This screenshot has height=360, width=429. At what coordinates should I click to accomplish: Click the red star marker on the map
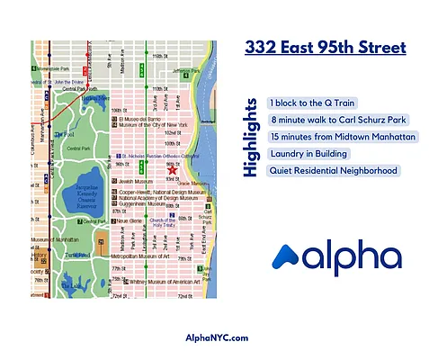(x=173, y=171)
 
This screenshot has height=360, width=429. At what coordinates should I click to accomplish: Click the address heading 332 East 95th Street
(x=326, y=47)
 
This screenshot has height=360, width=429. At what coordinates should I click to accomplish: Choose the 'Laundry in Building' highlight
(x=309, y=154)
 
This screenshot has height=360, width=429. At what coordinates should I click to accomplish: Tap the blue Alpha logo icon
(x=288, y=257)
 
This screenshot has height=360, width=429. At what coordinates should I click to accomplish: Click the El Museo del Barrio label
(x=143, y=118)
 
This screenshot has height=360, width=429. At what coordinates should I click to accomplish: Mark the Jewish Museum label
(x=136, y=181)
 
